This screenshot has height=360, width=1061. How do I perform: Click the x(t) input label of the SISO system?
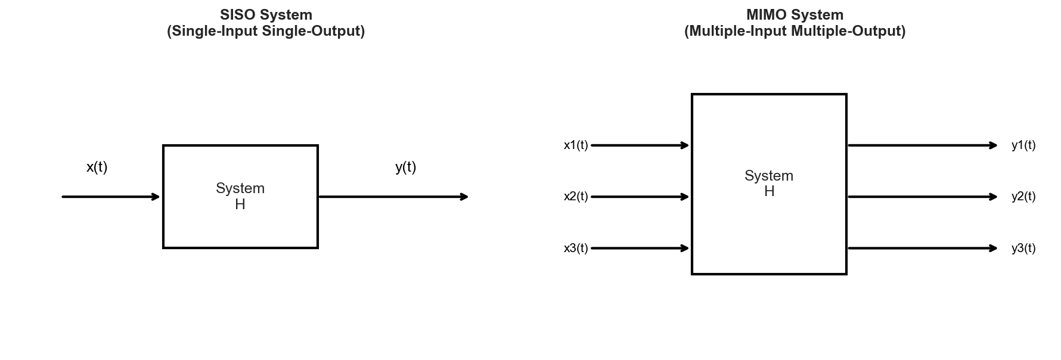click(97, 167)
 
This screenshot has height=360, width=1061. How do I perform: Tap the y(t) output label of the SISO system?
click(405, 167)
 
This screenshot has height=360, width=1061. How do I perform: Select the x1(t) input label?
click(576, 145)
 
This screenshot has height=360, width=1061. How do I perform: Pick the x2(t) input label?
click(576, 197)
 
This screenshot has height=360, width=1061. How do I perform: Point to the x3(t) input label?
click(576, 249)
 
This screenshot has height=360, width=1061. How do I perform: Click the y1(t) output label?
click(1023, 145)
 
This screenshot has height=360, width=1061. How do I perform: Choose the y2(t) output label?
click(1023, 197)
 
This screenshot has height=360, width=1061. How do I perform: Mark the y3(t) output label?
click(1023, 249)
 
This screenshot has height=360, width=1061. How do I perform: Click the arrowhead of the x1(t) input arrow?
click(685, 145)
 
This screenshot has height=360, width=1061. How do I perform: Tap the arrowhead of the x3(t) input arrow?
click(685, 249)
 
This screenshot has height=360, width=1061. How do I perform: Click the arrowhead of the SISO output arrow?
click(464, 197)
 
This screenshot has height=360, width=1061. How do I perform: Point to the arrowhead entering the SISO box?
click(156, 197)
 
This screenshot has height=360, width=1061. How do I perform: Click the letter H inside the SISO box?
click(240, 204)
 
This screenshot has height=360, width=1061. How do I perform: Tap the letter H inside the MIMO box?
click(769, 192)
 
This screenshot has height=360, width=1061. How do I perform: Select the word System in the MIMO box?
click(768, 176)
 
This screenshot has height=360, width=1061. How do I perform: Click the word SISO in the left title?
click(236, 15)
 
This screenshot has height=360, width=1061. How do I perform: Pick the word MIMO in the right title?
click(764, 15)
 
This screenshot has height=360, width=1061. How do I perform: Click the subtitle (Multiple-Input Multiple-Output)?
click(795, 31)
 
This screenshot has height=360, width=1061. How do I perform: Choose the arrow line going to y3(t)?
click(918, 249)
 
